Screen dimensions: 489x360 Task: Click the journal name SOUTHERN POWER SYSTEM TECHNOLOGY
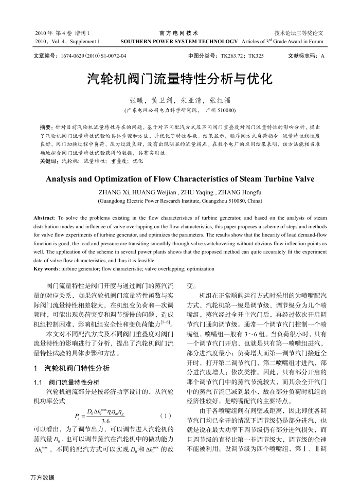click(179, 41)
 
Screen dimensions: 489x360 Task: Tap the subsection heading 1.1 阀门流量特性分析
click(66, 382)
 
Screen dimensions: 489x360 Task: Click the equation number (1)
click(166, 415)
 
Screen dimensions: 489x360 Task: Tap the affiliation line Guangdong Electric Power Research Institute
click(179, 201)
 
